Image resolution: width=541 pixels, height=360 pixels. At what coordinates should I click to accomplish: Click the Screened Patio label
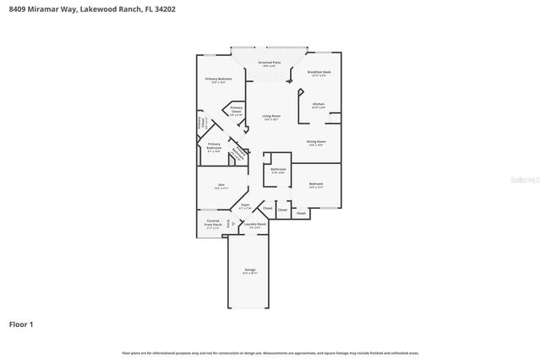pos(270,64)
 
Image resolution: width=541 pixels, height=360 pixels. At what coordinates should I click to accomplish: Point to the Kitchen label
pos(318,106)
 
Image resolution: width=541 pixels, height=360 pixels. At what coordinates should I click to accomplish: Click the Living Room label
pos(270,117)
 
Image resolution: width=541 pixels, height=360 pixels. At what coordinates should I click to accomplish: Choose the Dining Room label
pos(316,143)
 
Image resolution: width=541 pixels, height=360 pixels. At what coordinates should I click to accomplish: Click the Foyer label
pos(246,205)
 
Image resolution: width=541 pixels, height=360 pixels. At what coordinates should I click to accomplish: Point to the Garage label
pos(250,271)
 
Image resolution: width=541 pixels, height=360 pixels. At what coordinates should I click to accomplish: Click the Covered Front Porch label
pos(213,225)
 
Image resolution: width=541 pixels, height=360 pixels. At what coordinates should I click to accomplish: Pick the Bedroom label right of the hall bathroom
pos(316,185)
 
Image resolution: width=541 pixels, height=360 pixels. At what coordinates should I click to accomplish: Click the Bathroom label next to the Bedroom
pos(278,171)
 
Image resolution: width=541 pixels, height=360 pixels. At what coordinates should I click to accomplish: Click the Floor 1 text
pos(22,324)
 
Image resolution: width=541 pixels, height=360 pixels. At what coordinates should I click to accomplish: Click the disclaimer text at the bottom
pos(270,352)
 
